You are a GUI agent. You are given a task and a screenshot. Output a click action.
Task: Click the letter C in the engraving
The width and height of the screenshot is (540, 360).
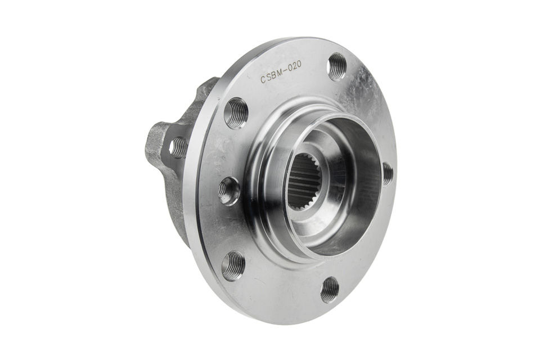263,80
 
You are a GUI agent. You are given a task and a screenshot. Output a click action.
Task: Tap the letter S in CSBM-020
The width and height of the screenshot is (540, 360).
269,78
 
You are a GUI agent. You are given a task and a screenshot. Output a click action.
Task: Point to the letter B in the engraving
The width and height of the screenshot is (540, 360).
275,75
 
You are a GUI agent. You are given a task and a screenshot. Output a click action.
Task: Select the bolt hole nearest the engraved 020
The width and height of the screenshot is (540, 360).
337,66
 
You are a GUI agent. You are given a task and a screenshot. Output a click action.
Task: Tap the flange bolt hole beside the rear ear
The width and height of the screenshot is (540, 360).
236,112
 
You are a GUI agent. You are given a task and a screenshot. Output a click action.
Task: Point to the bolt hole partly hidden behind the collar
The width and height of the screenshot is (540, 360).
388,173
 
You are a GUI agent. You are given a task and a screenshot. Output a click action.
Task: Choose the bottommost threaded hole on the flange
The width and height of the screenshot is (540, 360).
330,290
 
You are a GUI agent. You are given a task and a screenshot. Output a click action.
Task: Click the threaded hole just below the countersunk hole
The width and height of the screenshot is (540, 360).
233,265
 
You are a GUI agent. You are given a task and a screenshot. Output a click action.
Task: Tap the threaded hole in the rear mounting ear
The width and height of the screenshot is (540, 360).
178,147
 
